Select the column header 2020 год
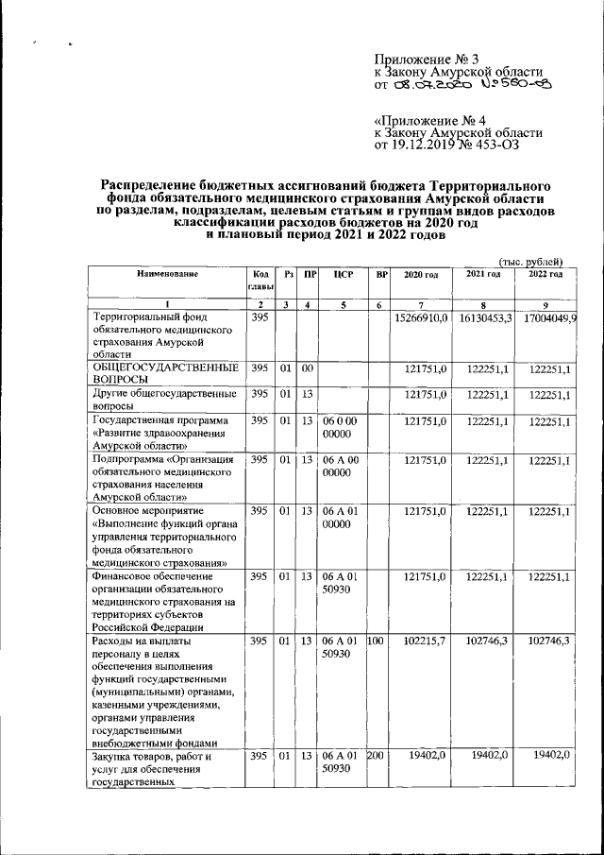[421, 274]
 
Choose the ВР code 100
[377, 640]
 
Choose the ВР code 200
[377, 757]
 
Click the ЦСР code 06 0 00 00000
[339, 426]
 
